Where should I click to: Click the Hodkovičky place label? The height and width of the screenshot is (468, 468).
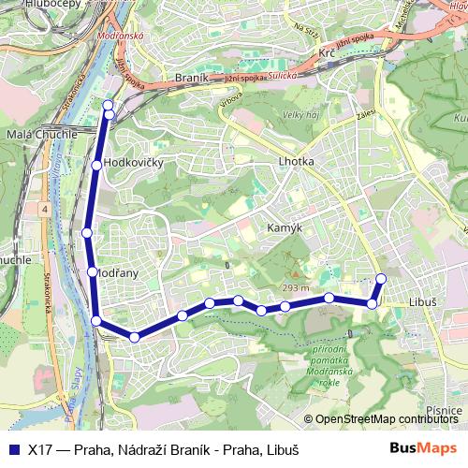click(136, 163)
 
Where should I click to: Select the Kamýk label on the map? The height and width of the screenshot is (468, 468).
click(283, 227)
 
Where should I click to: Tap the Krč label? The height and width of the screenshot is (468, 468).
click(328, 54)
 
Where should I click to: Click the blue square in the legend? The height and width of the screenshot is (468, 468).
click(13, 447)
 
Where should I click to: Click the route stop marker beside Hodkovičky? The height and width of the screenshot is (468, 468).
click(97, 165)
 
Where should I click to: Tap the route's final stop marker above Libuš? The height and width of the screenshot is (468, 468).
click(381, 278)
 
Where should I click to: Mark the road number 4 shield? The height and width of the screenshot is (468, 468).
click(43, 210)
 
